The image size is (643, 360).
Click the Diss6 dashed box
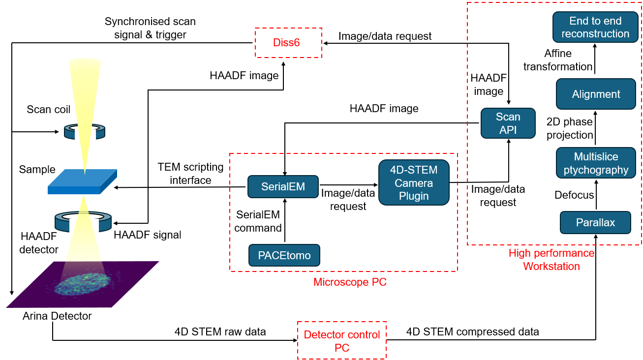288,43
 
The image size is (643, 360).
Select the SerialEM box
282,187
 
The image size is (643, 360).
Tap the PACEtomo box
284,255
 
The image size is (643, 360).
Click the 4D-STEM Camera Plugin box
414,183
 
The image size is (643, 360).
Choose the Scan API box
508,123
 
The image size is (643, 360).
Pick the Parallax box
595,222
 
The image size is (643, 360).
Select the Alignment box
596,94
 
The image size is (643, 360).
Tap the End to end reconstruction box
595,28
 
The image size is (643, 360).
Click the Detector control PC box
341,341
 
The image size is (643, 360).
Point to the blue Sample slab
82,182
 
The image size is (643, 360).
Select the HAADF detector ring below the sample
84,221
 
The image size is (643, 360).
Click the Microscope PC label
343,282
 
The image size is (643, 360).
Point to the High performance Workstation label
551,260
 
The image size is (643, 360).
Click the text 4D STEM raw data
220,332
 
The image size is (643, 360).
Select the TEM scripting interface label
190,174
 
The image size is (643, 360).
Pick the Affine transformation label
558,60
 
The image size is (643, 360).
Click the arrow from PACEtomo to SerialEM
283,221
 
